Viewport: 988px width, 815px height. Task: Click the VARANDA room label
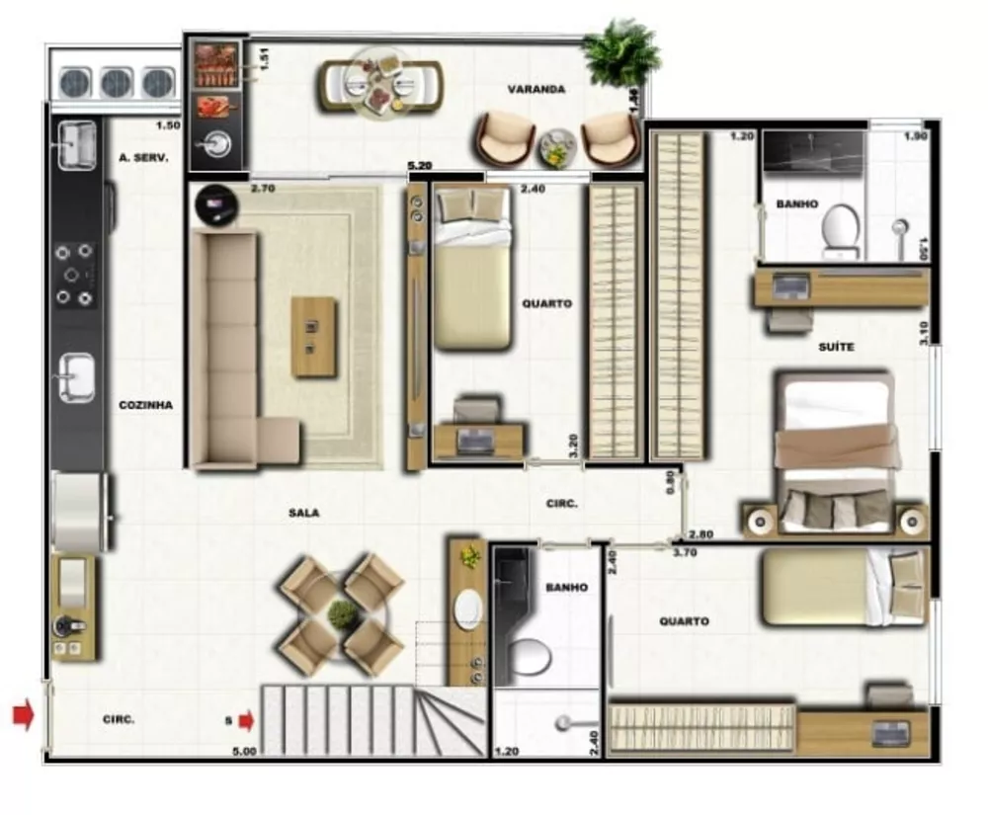click(x=536, y=89)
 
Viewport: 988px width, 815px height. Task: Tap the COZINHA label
click(x=146, y=404)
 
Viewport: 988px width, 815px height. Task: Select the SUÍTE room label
click(x=836, y=347)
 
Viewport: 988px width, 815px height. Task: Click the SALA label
click(x=304, y=513)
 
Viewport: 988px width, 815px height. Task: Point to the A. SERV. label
click(x=143, y=157)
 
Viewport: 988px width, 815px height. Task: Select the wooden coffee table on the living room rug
click(x=313, y=337)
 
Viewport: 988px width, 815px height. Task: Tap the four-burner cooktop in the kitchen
click(x=75, y=274)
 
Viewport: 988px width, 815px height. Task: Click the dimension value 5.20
click(x=420, y=167)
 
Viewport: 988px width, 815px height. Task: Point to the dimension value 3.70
click(x=685, y=552)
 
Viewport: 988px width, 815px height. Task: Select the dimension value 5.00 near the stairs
click(x=243, y=751)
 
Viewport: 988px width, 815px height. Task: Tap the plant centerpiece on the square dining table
click(x=342, y=614)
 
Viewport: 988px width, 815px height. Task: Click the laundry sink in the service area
click(x=76, y=145)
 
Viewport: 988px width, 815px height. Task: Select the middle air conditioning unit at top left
click(x=116, y=83)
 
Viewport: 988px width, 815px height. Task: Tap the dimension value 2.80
click(x=700, y=534)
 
